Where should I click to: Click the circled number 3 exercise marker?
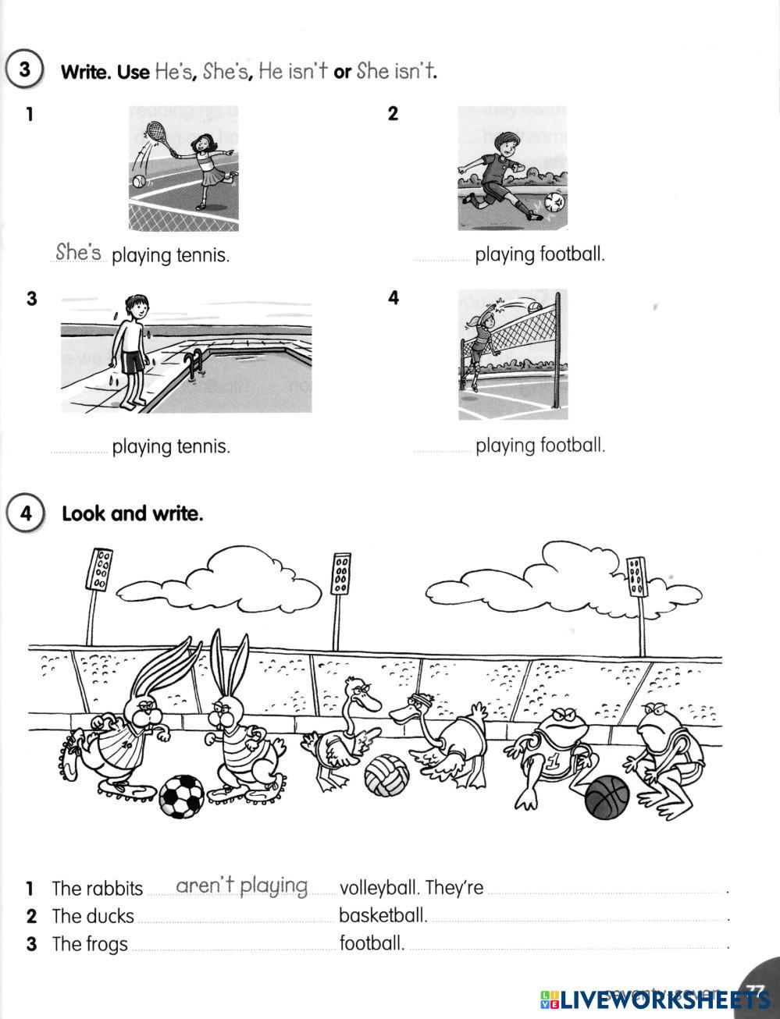24,69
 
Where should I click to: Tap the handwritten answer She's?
79,252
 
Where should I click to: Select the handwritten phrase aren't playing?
242,886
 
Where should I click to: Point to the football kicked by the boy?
555,203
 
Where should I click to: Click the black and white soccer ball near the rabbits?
181,795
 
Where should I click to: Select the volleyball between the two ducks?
386,775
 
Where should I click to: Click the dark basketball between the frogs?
607,797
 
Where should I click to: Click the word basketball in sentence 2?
383,915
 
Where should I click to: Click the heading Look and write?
132,513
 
